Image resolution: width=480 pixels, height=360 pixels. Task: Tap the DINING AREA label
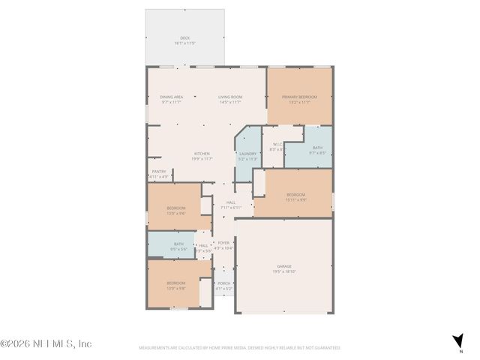pos(172,97)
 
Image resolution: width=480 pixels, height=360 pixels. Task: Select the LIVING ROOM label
pos(230,97)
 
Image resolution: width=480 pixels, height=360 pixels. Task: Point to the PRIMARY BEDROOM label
pos(299,97)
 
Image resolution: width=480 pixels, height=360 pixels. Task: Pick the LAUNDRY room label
pos(247,155)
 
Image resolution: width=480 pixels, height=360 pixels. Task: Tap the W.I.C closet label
pos(277,146)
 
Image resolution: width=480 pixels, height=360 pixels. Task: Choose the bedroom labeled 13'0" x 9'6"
pos(176,209)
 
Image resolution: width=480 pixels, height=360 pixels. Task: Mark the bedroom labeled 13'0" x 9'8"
pos(176,285)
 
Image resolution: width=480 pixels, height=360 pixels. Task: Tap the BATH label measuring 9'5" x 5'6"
pos(178,245)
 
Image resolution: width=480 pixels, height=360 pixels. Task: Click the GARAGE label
pos(283,268)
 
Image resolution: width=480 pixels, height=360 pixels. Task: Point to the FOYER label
pos(223,244)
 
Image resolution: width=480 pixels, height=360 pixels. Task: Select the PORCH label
pos(224,286)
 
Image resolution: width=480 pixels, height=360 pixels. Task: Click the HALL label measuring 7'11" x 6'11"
pos(231,204)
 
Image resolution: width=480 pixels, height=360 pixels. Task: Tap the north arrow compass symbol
pos(457,340)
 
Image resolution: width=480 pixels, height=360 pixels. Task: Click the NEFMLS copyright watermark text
pos(46,343)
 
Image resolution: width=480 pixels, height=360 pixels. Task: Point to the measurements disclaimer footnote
pos(239,348)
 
